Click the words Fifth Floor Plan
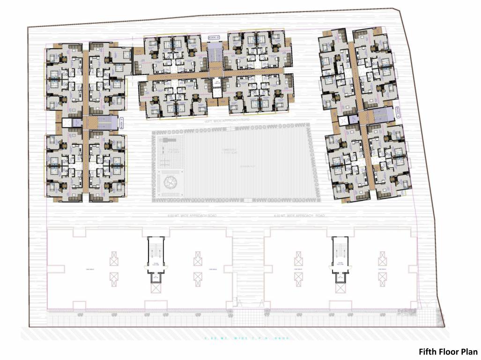(x=448, y=352)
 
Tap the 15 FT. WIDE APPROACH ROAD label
(x=223, y=121)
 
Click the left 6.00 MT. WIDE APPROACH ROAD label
(x=192, y=216)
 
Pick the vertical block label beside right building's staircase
(x=396, y=112)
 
